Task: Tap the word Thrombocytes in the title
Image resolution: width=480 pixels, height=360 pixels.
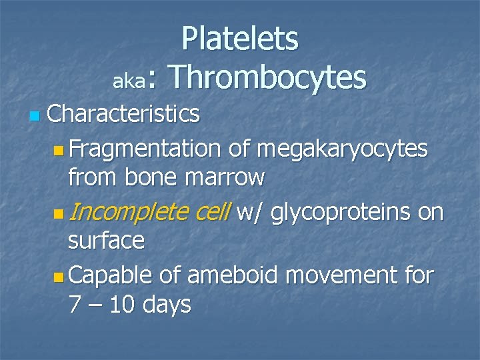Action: pos(269,77)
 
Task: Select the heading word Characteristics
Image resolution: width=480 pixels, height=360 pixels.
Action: pos(123,114)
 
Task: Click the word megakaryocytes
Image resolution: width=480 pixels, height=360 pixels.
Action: pos(338,149)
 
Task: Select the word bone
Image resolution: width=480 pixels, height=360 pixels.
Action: pos(157,178)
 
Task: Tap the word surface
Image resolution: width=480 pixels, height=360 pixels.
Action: pos(107,241)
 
